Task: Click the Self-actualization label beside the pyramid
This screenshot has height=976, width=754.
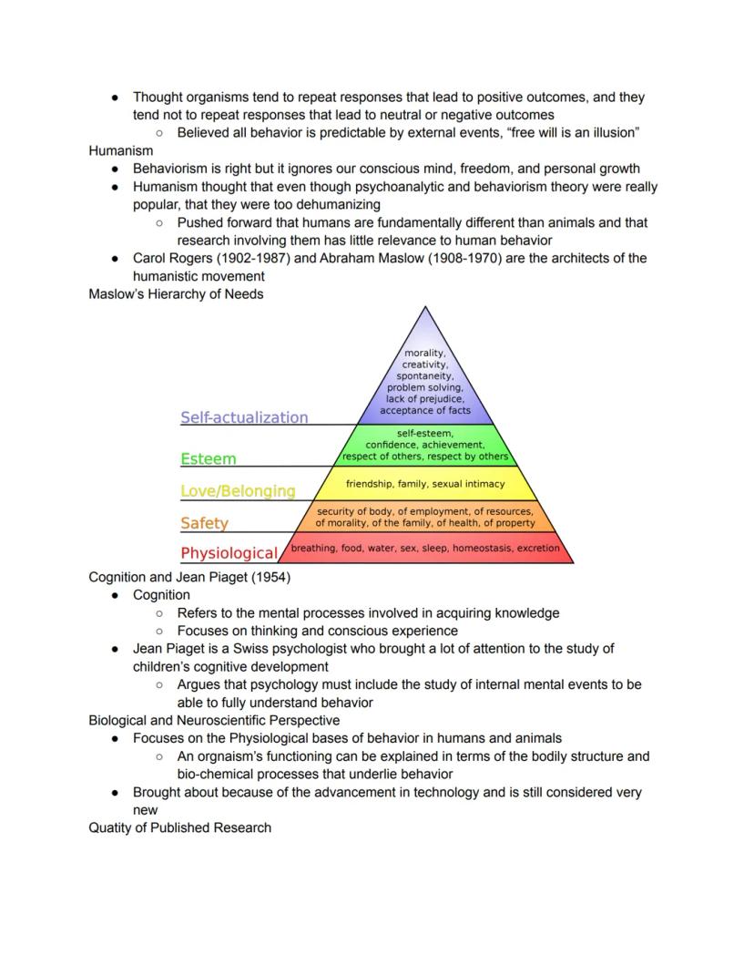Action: [244, 417]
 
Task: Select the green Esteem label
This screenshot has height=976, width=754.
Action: [208, 458]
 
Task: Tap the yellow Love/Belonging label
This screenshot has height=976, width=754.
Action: [238, 491]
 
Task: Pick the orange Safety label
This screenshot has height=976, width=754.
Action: [204, 523]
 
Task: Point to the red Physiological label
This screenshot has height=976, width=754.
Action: [229, 553]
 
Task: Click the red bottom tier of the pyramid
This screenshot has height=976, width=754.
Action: [425, 549]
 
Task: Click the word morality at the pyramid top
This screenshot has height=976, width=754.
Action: [424, 353]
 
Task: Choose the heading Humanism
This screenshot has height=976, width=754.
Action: [120, 150]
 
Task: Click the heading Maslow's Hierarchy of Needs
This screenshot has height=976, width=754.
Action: [176, 293]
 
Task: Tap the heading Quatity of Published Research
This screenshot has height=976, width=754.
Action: [179, 827]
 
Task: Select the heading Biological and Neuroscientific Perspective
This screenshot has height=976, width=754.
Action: [214, 720]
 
